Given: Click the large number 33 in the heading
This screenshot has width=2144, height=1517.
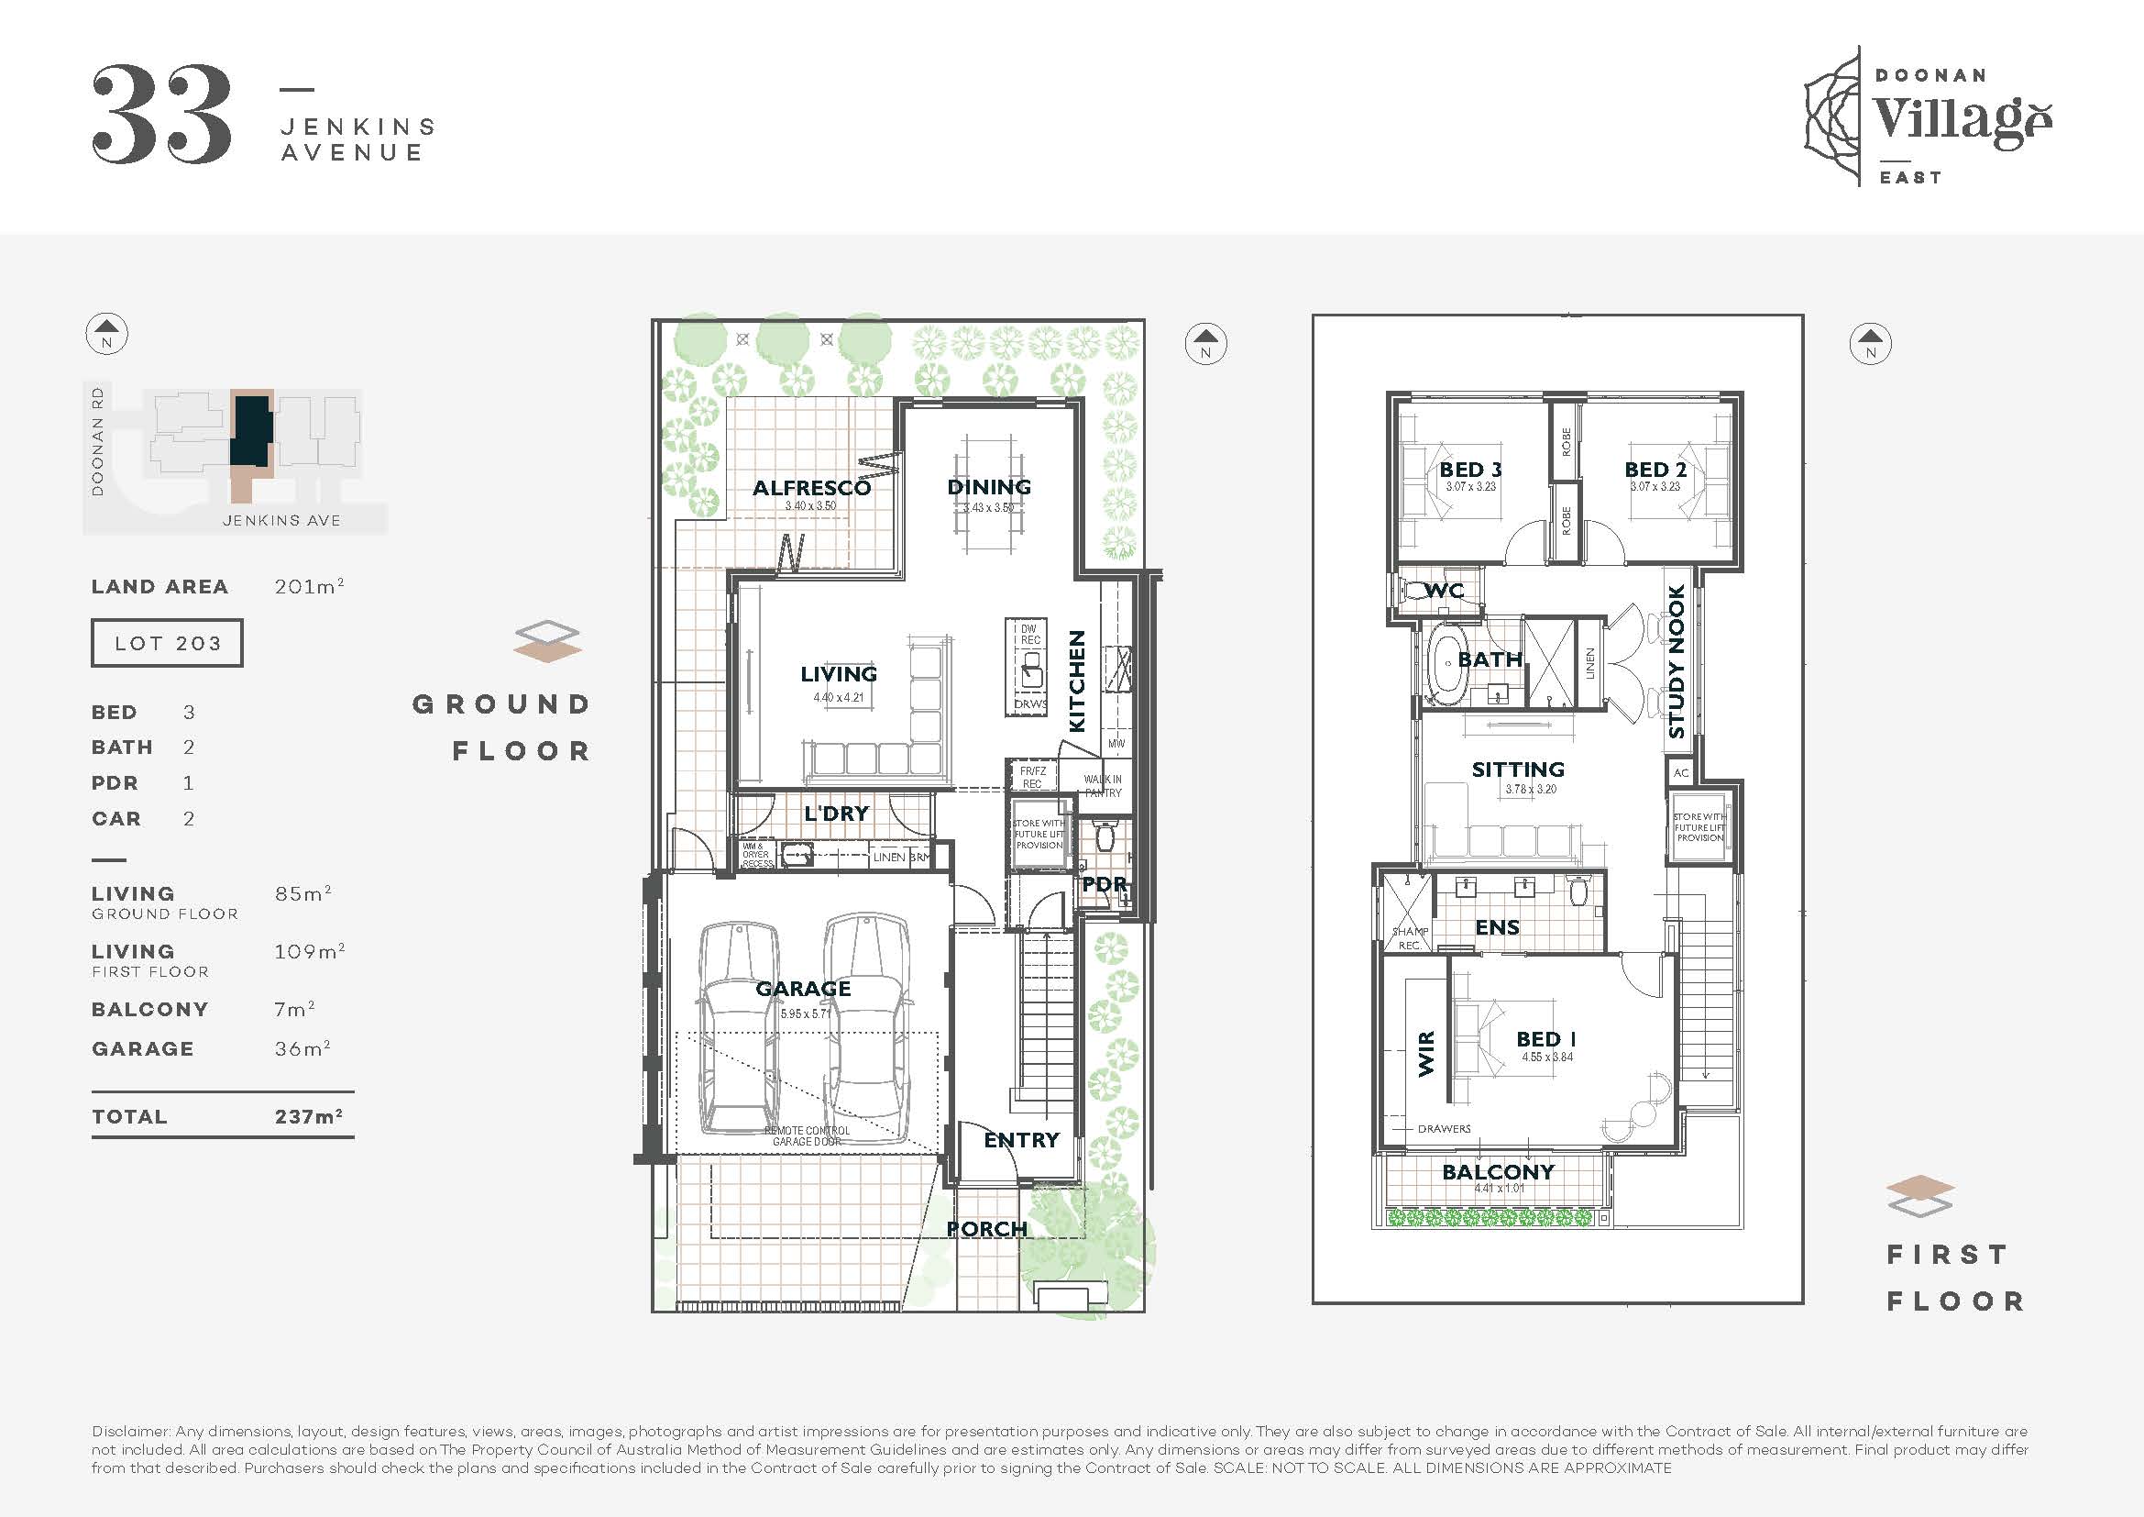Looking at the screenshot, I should (161, 115).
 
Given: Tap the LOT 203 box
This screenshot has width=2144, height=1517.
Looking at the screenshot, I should (167, 643).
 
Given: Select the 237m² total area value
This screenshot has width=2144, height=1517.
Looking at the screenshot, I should (308, 1116).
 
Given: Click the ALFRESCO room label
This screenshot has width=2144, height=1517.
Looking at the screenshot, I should (811, 488).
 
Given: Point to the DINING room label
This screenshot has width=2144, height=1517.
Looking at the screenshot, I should (989, 487).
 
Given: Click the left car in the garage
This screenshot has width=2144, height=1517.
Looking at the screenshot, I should (738, 1027).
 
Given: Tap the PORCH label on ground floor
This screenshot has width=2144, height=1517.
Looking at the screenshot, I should (987, 1228).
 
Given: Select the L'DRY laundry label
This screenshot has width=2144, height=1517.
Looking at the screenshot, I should (836, 813).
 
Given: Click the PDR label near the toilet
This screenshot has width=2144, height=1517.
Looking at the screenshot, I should (1105, 883).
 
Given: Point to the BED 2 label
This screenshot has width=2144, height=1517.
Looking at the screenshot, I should (1655, 469).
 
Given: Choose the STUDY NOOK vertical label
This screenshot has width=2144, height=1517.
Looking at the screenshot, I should (1677, 661).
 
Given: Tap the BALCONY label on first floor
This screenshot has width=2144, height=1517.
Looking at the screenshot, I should (1498, 1171).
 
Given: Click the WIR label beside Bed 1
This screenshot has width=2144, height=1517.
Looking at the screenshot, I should (1427, 1054).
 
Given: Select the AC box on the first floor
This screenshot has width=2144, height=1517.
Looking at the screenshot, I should (1681, 772).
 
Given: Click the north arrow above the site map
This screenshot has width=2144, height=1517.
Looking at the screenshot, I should (106, 334).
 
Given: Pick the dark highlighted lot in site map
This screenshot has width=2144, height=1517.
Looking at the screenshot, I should (252, 429).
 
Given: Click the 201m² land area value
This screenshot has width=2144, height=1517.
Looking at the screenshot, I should (309, 587).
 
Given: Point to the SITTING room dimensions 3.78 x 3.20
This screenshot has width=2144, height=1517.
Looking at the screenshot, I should (1531, 790).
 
